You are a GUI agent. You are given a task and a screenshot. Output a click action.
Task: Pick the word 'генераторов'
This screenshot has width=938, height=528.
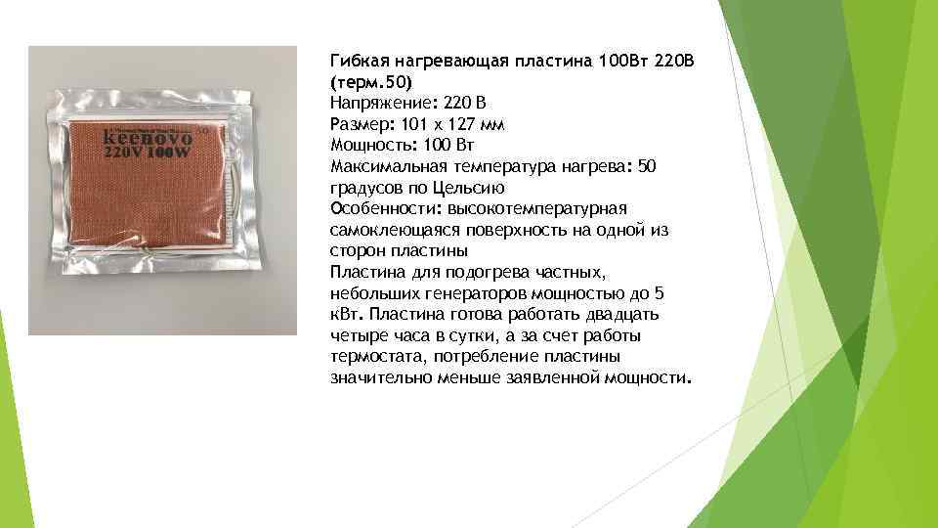click(469, 292)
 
